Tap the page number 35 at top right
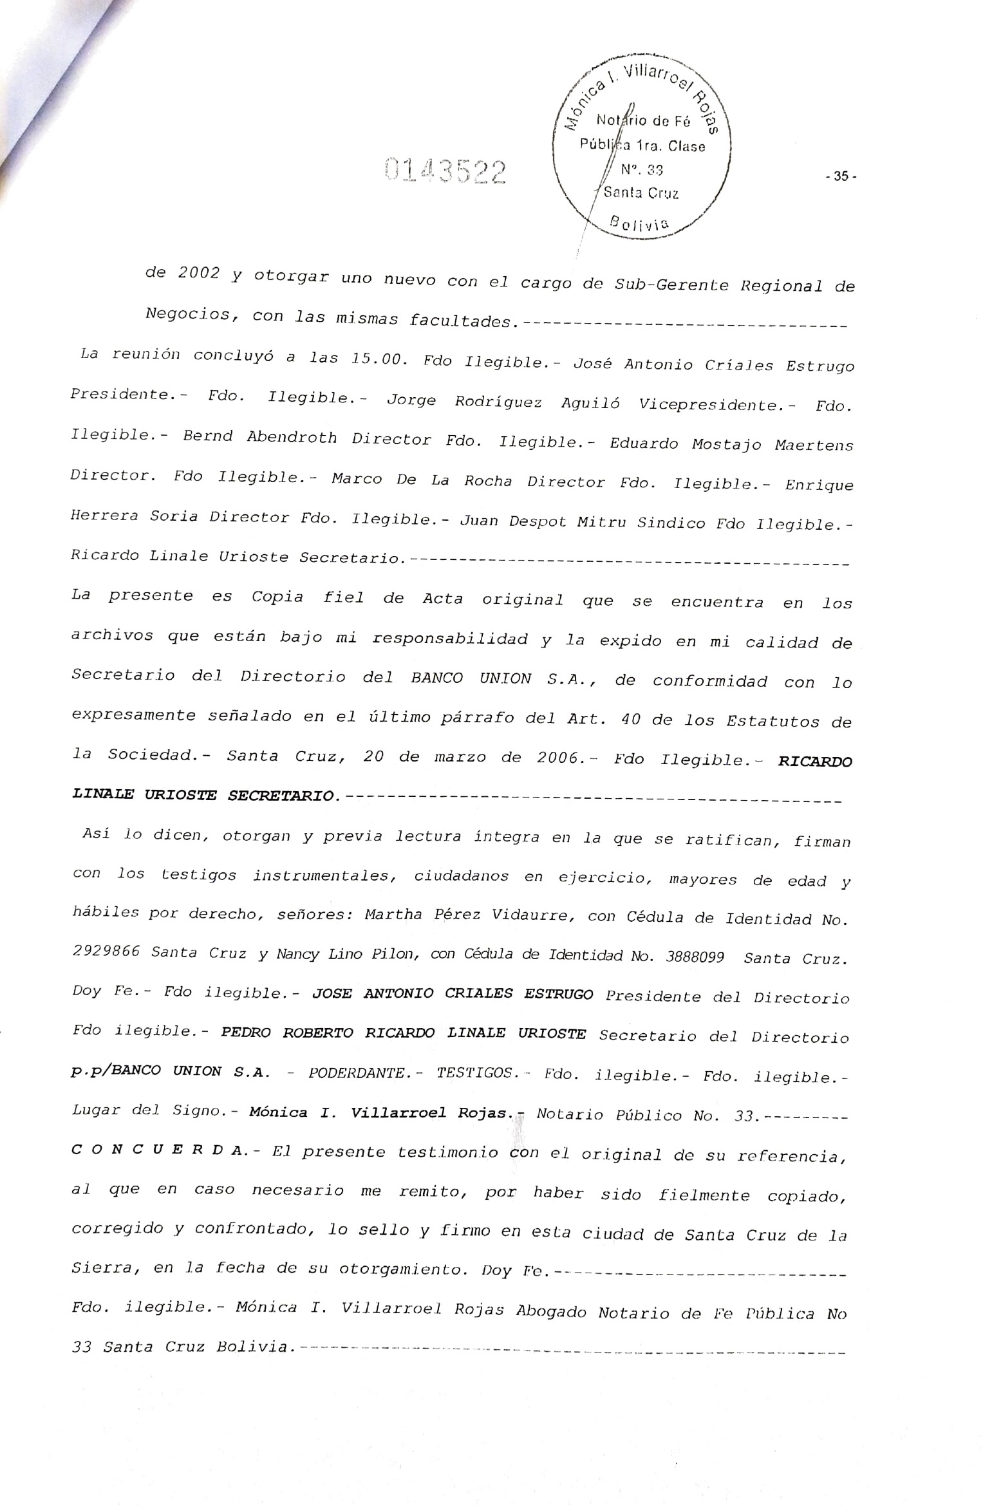coord(841,176)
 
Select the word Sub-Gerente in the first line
coord(672,285)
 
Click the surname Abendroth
coord(292,438)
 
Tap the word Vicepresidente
coord(716,405)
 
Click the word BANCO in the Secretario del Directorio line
coord(436,678)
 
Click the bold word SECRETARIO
coord(281,796)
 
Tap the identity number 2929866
coord(106,952)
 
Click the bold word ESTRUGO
coord(558,995)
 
